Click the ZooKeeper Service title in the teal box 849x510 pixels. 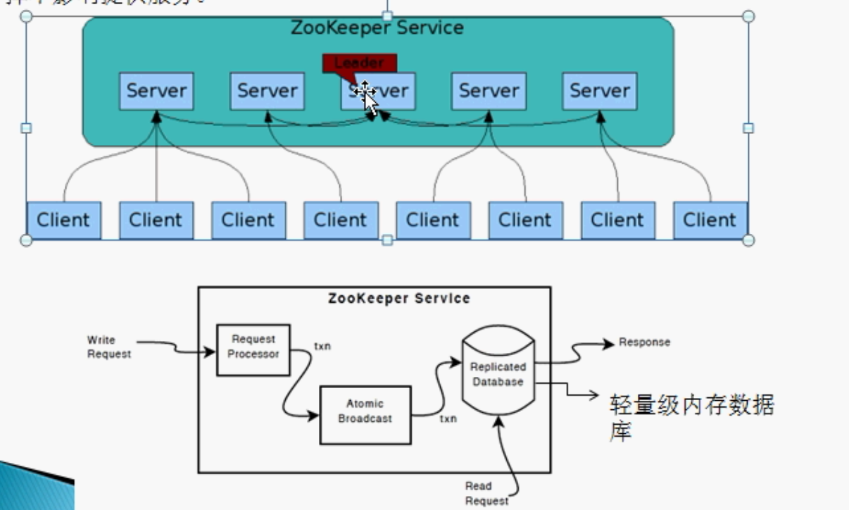pyautogui.click(x=377, y=28)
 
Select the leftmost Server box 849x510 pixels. pyautogui.click(x=156, y=91)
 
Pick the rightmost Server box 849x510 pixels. pyautogui.click(x=599, y=91)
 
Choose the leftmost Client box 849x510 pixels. pyautogui.click(x=63, y=220)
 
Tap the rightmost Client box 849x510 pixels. pyautogui.click(x=710, y=220)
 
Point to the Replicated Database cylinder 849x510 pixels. pyautogui.click(x=498, y=377)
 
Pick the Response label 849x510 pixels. pyautogui.click(x=644, y=342)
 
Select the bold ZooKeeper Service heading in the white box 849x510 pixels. pyautogui.click(x=398, y=299)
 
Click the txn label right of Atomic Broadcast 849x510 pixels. pyautogui.click(x=448, y=419)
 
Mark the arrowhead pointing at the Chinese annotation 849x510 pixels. pyautogui.click(x=593, y=394)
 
